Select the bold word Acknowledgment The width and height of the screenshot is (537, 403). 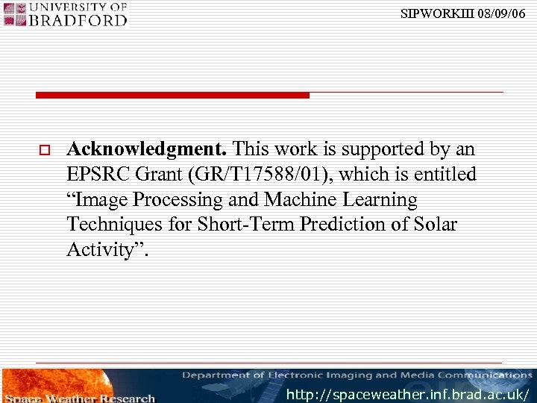(148, 150)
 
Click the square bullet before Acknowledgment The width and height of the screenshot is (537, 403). (44, 151)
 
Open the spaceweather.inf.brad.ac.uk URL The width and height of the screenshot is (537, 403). (408, 394)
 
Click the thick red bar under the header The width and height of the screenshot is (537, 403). (172, 96)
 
